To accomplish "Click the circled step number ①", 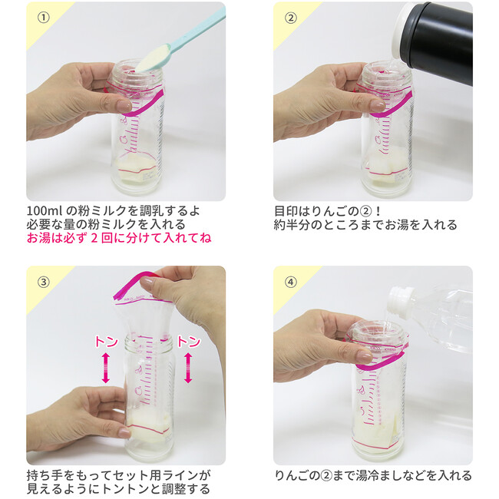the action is [x=44, y=18].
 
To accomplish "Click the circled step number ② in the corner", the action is [x=290, y=18].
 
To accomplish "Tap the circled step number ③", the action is [x=44, y=282].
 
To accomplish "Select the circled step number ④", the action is [x=290, y=282].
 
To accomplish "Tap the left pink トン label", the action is [x=107, y=342].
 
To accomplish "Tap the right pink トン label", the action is [x=189, y=342].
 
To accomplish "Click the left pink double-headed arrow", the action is [x=106, y=368].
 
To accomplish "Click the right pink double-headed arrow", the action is [x=188, y=368].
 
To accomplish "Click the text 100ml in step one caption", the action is [x=45, y=211].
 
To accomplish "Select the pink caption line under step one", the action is [x=119, y=238].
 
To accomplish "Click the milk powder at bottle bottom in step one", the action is [x=136, y=169].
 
